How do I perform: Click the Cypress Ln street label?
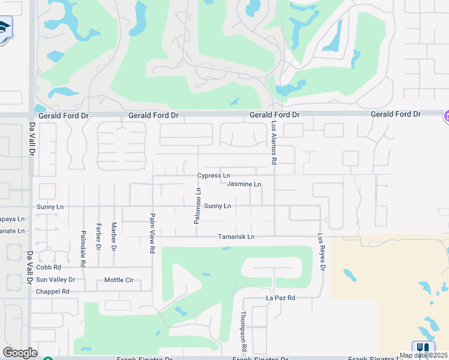coord(214,176)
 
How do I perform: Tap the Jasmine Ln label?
coord(244,184)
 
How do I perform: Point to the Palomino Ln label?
coord(197,206)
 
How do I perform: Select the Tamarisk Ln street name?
coord(236,237)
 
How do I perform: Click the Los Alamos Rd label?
coord(274,143)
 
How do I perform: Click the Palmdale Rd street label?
coord(83,248)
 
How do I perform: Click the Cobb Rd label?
coord(49,267)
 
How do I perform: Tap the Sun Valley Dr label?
coord(55,280)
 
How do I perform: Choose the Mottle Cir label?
coord(119,280)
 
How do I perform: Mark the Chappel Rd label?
coord(53,292)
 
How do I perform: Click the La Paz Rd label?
coord(281,298)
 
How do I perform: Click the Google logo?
coord(20,353)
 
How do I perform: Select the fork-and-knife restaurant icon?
coord(423,348)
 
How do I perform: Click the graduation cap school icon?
coord(5,28)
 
